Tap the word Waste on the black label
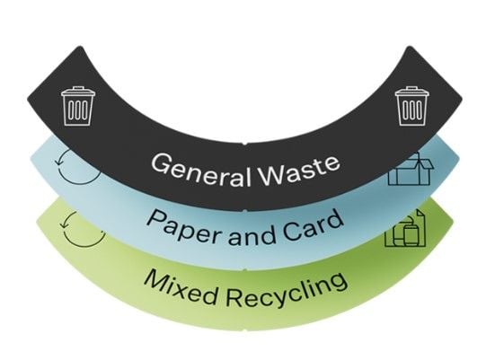pyautogui.click(x=300, y=171)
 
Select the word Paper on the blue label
pyautogui.click(x=184, y=226)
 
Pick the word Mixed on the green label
pyautogui.click(x=181, y=286)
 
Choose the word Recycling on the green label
pyautogui.click(x=287, y=290)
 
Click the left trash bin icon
pyautogui.click(x=78, y=106)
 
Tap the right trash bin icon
pyautogui.click(x=412, y=106)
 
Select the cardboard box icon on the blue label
pyautogui.click(x=411, y=169)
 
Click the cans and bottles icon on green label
pyautogui.click(x=405, y=230)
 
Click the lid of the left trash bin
pyautogui.click(x=78, y=92)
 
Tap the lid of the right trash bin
pyautogui.click(x=412, y=92)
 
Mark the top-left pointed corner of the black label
pyautogui.click(x=80, y=47)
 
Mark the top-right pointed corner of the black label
pyautogui.click(x=410, y=47)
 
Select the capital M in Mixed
pyautogui.click(x=157, y=279)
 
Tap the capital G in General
pyautogui.click(x=161, y=163)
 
